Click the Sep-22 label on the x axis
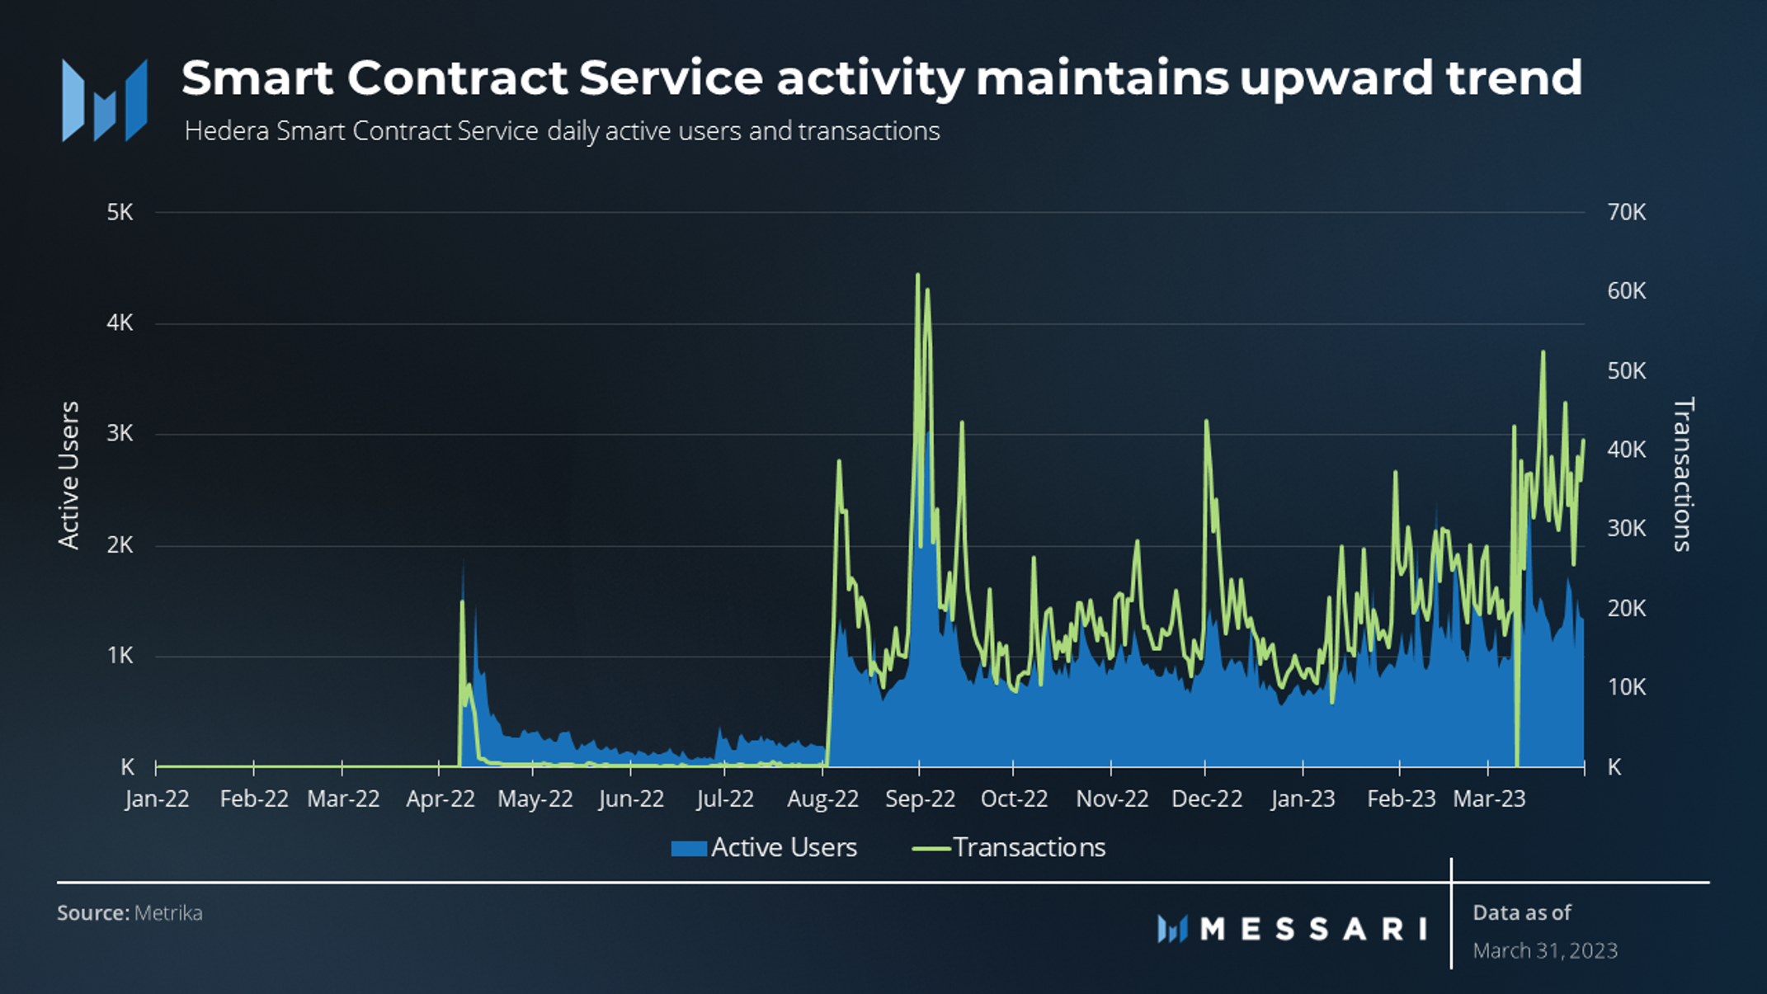click(920, 799)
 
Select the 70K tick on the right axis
click(1626, 213)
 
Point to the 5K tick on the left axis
click(120, 213)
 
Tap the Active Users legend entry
click(764, 848)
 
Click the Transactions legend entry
click(1008, 848)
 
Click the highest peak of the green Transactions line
click(917, 275)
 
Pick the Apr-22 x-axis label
click(441, 799)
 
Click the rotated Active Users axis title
click(69, 475)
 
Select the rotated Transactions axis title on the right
click(1683, 474)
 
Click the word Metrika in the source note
click(168, 913)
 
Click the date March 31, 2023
click(1545, 951)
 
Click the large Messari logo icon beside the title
click(105, 100)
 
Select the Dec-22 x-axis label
click(1207, 799)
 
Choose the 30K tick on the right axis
click(1626, 529)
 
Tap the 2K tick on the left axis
click(120, 545)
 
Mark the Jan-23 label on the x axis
click(1303, 799)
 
